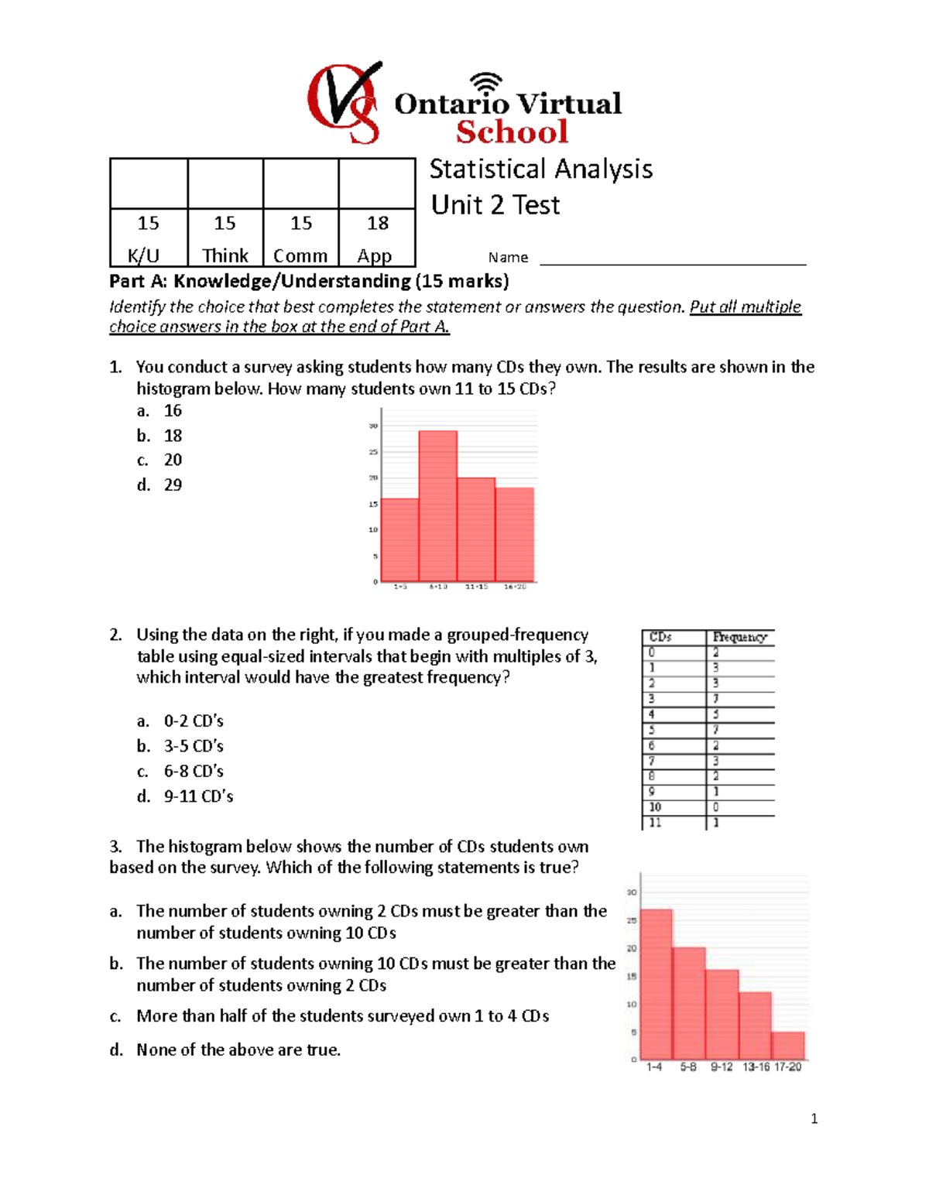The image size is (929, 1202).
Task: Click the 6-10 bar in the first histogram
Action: coord(438,506)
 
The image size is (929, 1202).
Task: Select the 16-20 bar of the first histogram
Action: coord(515,534)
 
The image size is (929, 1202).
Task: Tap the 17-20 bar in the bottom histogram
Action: coord(788,1046)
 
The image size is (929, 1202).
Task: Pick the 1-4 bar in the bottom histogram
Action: coord(656,984)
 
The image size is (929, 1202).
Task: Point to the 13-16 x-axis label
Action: coord(756,1067)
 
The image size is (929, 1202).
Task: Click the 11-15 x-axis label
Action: coord(477,587)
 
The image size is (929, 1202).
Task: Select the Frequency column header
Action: coord(740,637)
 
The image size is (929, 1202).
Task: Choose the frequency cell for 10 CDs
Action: coord(739,807)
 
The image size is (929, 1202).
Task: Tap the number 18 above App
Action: coord(378,223)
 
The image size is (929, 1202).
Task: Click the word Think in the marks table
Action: coord(225,255)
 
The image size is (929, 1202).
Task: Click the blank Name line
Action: coord(672,259)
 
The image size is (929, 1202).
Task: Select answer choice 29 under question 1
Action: coord(173,485)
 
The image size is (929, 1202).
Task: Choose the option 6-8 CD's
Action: coord(194,772)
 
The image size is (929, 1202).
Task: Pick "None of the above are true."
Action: coord(238,1050)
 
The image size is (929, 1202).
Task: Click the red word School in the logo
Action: coord(512,132)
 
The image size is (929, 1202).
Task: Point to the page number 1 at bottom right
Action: coord(814,1118)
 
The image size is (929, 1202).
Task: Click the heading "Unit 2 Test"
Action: coord(495,205)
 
